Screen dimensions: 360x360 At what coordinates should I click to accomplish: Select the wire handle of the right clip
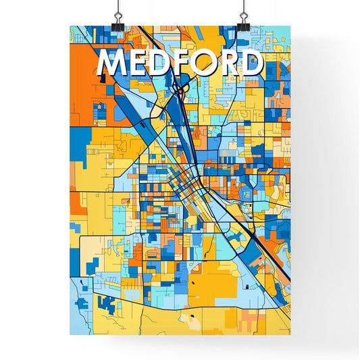(x=242, y=8)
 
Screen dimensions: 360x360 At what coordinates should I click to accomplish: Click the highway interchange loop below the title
(x=179, y=88)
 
